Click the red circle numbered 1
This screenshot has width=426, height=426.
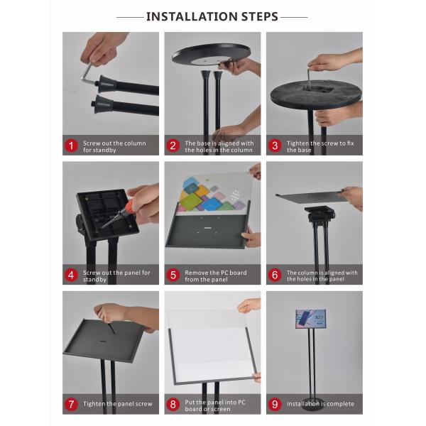click(71, 146)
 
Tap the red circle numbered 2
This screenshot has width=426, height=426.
click(173, 146)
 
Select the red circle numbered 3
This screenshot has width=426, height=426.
click(275, 146)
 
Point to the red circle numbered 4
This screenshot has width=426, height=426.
click(71, 275)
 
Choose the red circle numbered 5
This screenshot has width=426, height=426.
click(173, 275)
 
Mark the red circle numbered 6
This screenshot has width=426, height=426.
click(275, 275)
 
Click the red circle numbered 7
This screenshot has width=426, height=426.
click(71, 405)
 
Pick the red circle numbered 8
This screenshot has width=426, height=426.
click(173, 405)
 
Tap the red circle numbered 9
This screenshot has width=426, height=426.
click(275, 405)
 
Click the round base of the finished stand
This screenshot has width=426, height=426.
click(313, 403)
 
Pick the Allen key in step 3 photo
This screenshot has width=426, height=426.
click(309, 77)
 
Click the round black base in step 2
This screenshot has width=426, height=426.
click(211, 54)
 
